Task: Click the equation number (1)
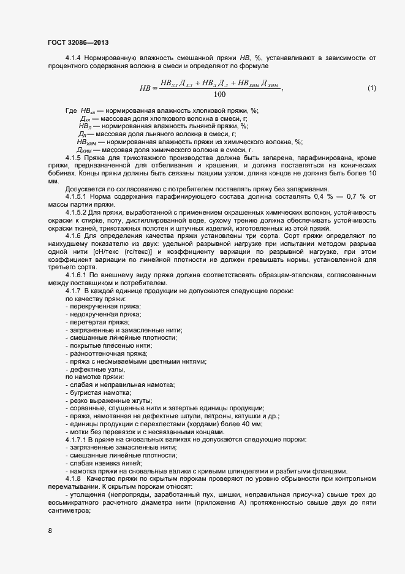pyautogui.click(x=371, y=88)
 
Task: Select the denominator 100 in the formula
pyautogui.click(x=219, y=95)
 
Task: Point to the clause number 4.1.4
pyautogui.click(x=73, y=58)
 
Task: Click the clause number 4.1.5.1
pyautogui.click(x=77, y=196)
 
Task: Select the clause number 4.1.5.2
pyautogui.click(x=77, y=212)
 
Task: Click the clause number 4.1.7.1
pyautogui.click(x=77, y=440)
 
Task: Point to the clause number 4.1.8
pyautogui.click(x=73, y=478)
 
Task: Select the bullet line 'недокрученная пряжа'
pyautogui.click(x=103, y=314)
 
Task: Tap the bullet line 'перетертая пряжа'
pyautogui.click(x=97, y=322)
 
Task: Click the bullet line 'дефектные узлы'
pyautogui.click(x=95, y=369)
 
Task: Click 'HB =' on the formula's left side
pyautogui.click(x=148, y=88)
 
